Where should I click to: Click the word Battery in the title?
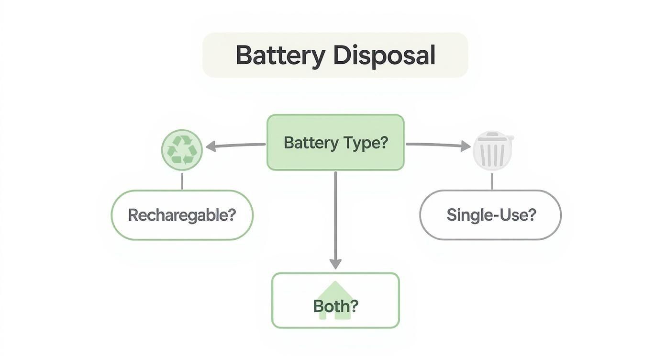(280, 56)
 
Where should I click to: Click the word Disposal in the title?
(384, 56)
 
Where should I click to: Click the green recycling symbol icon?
(182, 149)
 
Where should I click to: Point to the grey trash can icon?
(492, 152)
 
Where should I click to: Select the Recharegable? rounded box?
(182, 215)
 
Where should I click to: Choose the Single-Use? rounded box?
(490, 215)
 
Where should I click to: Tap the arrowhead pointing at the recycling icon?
(211, 147)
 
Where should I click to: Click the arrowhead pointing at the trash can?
(466, 146)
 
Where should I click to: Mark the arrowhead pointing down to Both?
(335, 264)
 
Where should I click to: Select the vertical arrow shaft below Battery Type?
(335, 215)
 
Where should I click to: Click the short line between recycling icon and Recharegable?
(182, 180)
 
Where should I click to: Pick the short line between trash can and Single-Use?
(492, 181)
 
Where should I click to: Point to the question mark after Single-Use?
(531, 215)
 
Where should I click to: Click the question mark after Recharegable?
(231, 215)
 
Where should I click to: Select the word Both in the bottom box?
(331, 306)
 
